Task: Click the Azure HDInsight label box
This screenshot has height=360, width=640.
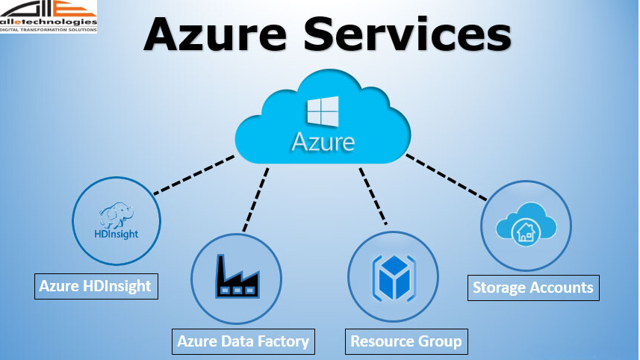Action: pos(96,285)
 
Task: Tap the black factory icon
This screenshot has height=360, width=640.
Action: pos(237,277)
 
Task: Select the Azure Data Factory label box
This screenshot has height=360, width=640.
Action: pos(243,341)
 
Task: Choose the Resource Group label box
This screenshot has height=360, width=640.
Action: pos(406,341)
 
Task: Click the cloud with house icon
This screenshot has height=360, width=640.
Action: pos(526,224)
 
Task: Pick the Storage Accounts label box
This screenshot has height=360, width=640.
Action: pos(532,287)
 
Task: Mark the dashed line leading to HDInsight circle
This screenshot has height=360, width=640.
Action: pos(194,174)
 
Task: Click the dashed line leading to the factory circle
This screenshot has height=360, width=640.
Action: pos(255,198)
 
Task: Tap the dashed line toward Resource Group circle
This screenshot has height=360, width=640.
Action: pos(373,196)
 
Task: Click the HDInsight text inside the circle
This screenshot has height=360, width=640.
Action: pos(117,234)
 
